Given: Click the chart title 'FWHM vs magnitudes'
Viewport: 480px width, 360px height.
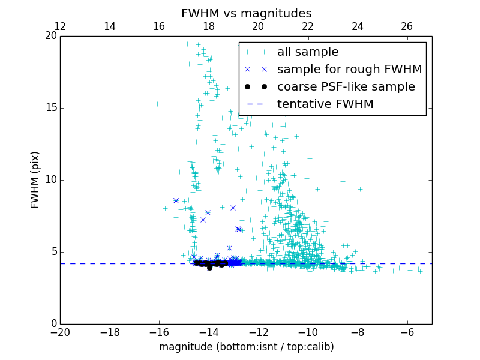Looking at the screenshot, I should pyautogui.click(x=246, y=13).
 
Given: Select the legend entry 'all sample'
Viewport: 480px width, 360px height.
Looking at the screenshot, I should pyautogui.click(x=308, y=52).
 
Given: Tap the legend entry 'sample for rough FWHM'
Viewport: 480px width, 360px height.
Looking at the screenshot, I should pyautogui.click(x=349, y=70).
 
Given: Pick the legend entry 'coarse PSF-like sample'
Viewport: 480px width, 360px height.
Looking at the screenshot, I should pyautogui.click(x=346, y=87).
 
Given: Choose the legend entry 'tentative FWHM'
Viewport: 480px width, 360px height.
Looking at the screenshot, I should pyautogui.click(x=325, y=104).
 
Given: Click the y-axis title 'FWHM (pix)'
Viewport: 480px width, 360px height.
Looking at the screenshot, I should pyautogui.click(x=35, y=179).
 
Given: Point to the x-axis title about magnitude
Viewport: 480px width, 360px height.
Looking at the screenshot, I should pyautogui.click(x=246, y=347).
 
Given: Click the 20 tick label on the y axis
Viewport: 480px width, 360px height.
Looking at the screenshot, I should pyautogui.click(x=50, y=36).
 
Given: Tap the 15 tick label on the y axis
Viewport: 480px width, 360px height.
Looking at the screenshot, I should pyautogui.click(x=50, y=108).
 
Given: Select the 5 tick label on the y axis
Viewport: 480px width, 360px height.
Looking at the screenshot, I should pyautogui.click(x=53, y=252).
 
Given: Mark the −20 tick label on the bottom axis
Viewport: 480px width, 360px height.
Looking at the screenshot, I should pyautogui.click(x=60, y=332).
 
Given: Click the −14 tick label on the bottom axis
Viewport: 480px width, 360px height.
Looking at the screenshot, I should pyautogui.click(x=209, y=332).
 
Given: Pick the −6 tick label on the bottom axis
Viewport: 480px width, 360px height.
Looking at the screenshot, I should pyautogui.click(x=407, y=332).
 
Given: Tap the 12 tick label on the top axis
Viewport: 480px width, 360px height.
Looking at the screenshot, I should pyautogui.click(x=60, y=26).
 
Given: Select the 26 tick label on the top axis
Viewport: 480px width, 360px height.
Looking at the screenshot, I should pyautogui.click(x=407, y=26).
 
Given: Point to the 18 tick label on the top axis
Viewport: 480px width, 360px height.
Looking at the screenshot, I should pyautogui.click(x=209, y=26).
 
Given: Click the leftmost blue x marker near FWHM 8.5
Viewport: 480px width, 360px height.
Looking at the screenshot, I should pyautogui.click(x=176, y=200).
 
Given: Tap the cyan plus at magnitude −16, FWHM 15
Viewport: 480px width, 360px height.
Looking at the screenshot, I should pyautogui.click(x=157, y=104).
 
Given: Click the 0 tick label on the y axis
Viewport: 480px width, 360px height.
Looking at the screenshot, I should pyautogui.click(x=53, y=324).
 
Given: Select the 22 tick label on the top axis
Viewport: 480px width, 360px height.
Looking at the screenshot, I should pyautogui.click(x=308, y=26).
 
